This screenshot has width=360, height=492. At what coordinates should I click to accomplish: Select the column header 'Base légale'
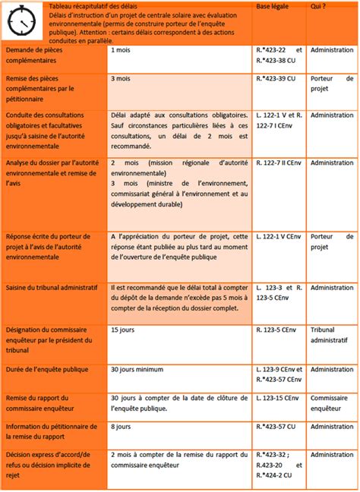click(x=273, y=6)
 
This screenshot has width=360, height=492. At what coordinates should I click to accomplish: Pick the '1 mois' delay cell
click(x=119, y=49)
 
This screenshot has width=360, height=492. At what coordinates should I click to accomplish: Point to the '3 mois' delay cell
click(x=120, y=78)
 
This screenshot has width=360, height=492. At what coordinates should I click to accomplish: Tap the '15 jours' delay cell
click(x=122, y=330)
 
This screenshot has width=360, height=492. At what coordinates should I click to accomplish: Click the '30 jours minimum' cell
click(x=136, y=369)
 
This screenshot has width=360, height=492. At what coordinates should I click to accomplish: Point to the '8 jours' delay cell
click(x=120, y=426)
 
